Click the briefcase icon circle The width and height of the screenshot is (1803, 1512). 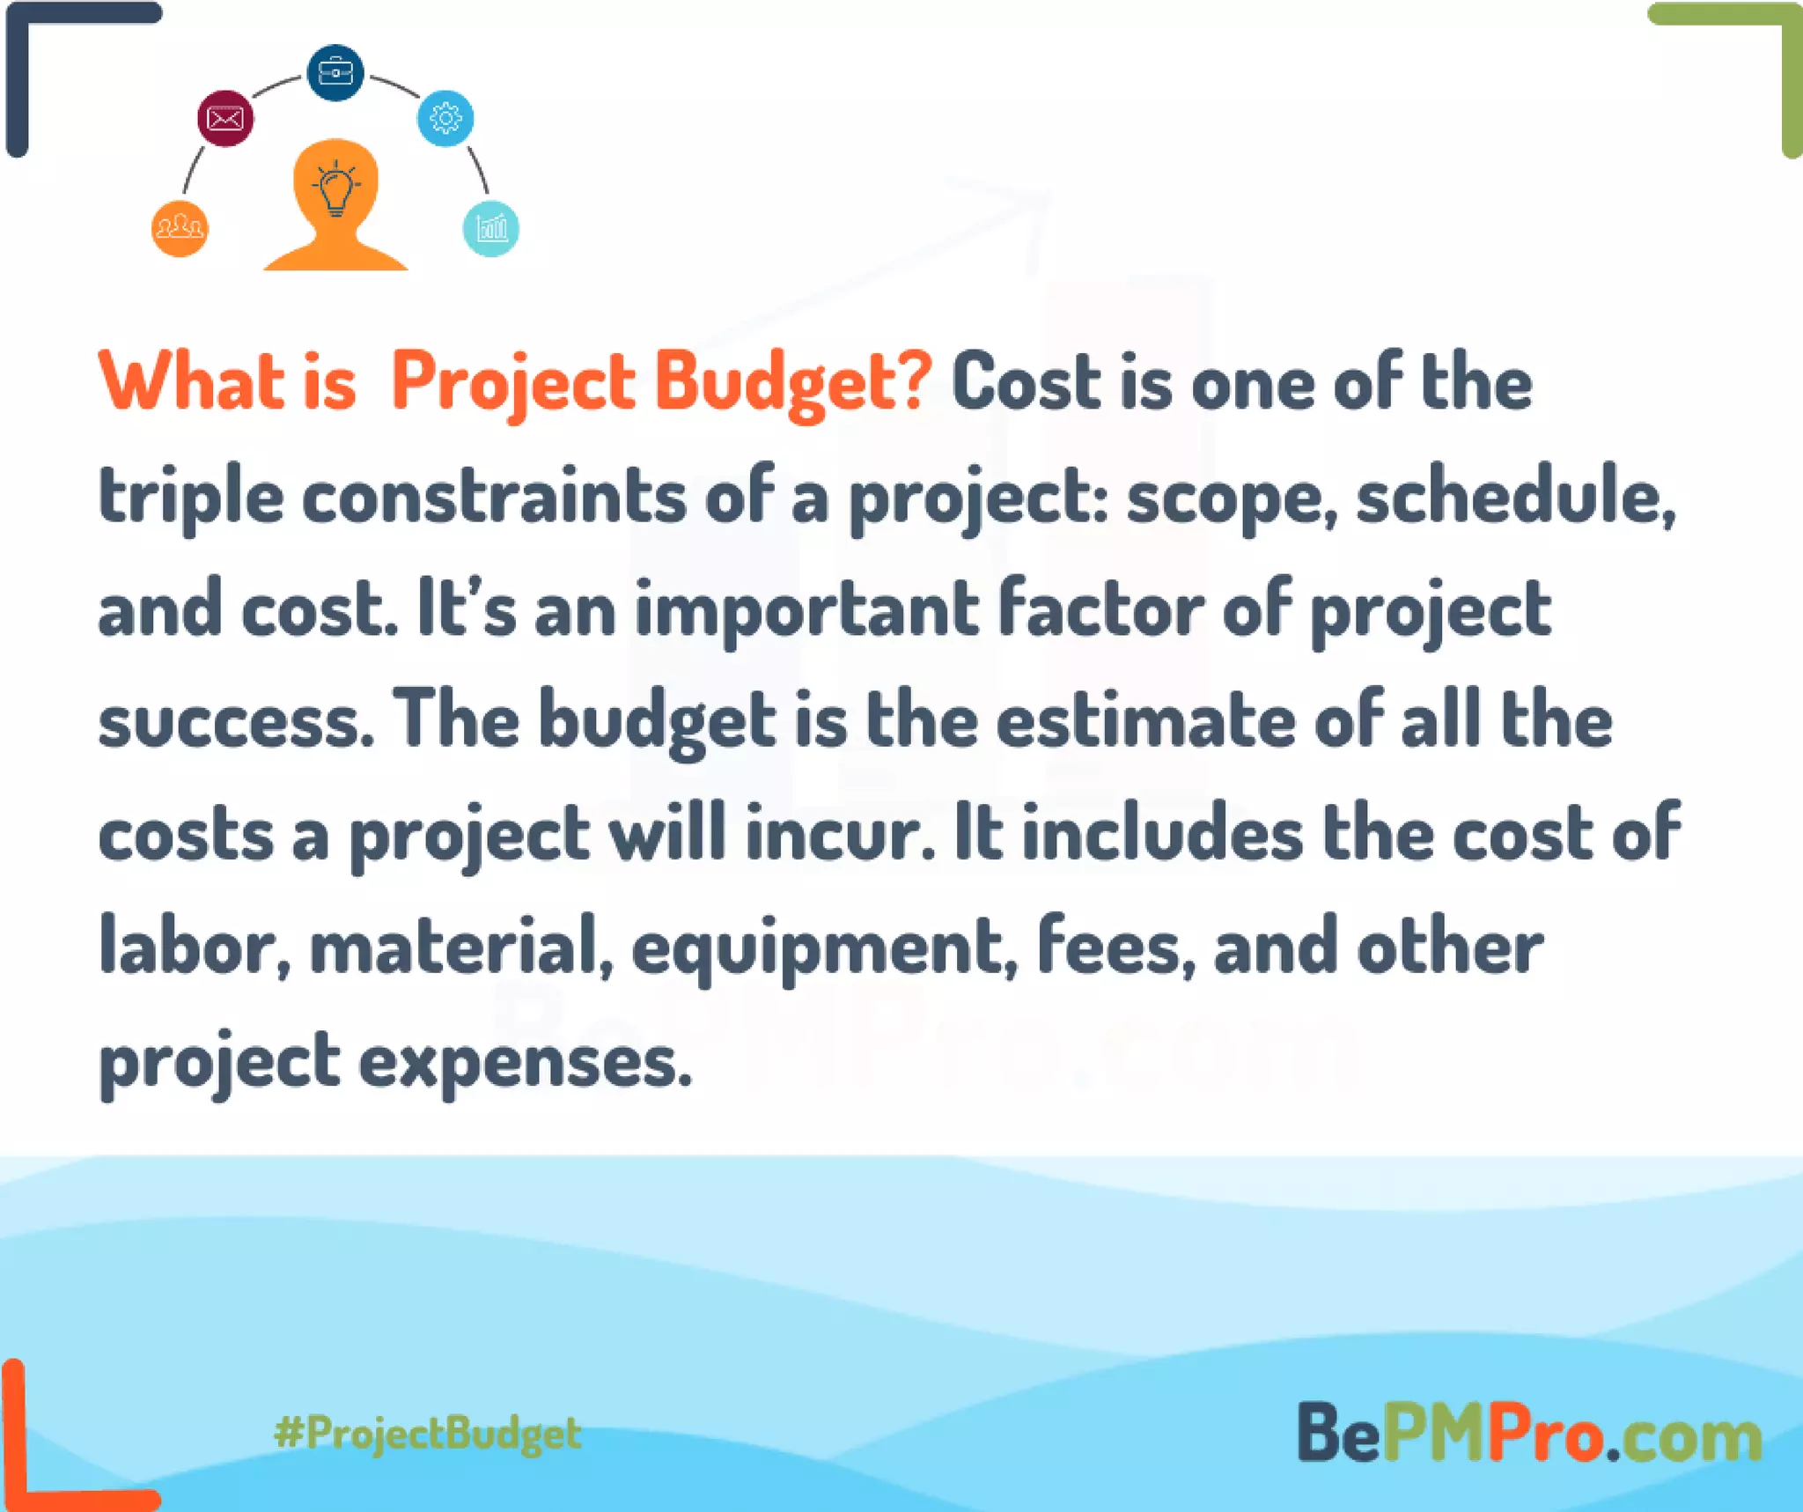pyautogui.click(x=335, y=72)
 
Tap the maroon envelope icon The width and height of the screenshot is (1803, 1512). pyautogui.click(x=225, y=118)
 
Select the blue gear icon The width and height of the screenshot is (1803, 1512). pyautogui.click(x=445, y=118)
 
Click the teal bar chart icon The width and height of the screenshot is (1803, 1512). pyautogui.click(x=491, y=229)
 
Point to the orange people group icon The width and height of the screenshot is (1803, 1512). pyautogui.click(x=180, y=229)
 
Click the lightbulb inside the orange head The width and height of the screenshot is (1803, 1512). pyautogui.click(x=335, y=188)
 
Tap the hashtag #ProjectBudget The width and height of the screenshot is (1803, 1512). pyautogui.click(x=428, y=1434)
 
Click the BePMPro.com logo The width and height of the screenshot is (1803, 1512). pyautogui.click(x=1529, y=1434)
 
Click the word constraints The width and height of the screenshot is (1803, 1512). pyautogui.click(x=493, y=497)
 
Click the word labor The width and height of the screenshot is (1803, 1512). pyautogui.click(x=195, y=948)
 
